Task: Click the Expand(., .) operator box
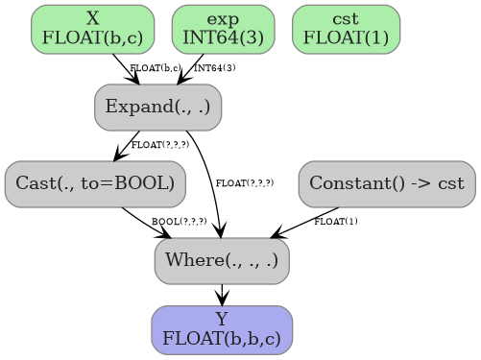157,107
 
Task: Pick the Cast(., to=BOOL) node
94,183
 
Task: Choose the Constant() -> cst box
386,183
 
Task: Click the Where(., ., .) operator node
222,260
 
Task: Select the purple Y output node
222,330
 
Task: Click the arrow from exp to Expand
189,69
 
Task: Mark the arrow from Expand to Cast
127,145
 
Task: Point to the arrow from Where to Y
222,295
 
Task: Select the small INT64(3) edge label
214,68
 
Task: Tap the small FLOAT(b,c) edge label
155,68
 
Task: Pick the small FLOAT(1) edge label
336,222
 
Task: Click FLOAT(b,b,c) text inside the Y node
222,339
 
